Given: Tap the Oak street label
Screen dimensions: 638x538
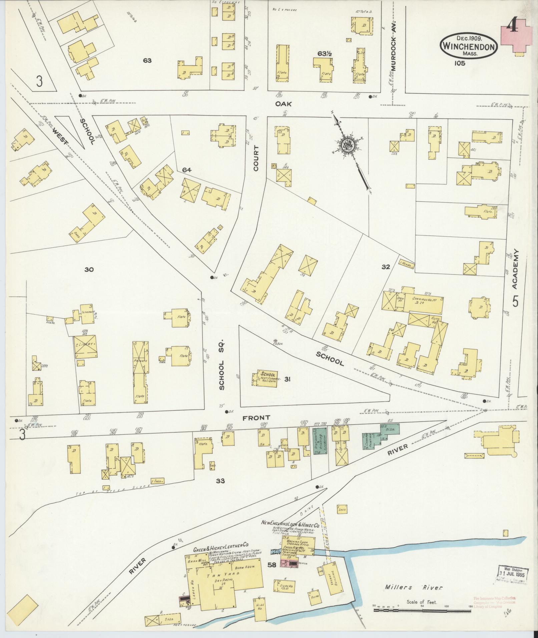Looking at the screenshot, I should (283, 104).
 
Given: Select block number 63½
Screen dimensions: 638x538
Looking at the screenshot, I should (324, 53).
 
